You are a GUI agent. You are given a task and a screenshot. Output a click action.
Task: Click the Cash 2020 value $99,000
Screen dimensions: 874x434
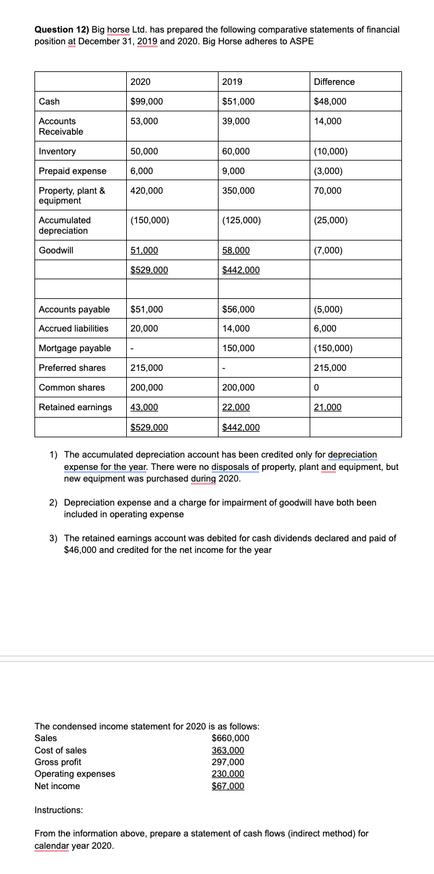[x=147, y=101]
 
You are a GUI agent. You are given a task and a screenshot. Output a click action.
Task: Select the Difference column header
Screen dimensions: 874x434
[x=334, y=82]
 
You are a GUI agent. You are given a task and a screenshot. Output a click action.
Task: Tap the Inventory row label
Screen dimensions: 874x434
[x=57, y=151]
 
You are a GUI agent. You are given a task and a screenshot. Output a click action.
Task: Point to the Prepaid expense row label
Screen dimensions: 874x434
[x=72, y=171]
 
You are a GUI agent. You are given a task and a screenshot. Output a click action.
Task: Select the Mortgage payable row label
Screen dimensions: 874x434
[x=74, y=348]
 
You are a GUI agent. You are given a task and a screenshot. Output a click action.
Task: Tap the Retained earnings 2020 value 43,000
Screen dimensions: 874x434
[x=145, y=407]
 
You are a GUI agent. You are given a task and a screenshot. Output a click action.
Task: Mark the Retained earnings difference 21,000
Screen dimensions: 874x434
[x=328, y=407]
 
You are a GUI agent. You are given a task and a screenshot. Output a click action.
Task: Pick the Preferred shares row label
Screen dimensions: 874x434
[x=72, y=368]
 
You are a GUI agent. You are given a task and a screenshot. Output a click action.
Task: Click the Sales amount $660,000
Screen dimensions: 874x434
[x=230, y=738]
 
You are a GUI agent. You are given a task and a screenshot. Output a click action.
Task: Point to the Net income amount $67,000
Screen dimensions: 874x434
[x=228, y=786]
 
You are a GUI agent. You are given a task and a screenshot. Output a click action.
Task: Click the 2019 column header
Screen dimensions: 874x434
[x=231, y=82]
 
